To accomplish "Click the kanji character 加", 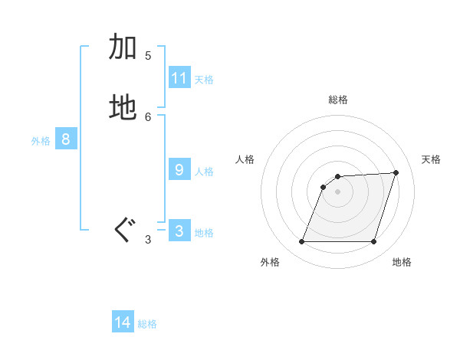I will (x=123, y=47).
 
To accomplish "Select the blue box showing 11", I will (x=179, y=78).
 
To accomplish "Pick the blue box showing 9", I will (x=179, y=170).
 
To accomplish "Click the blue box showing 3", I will (x=179, y=231).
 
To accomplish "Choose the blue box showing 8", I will (x=66, y=139).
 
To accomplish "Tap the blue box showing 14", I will (x=123, y=322).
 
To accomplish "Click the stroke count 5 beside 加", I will (x=148, y=55).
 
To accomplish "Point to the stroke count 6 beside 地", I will (x=148, y=116).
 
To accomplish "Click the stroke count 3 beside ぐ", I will (x=148, y=240).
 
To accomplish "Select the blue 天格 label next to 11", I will (x=204, y=80).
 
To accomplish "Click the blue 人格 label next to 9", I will (x=204, y=172).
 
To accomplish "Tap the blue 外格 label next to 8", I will (x=41, y=141).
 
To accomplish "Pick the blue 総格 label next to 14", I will (x=147, y=324).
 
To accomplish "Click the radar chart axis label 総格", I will (x=338, y=100).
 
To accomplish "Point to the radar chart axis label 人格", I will (x=245, y=159).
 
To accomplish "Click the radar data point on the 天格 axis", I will (x=396, y=172).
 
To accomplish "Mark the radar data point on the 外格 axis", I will (x=302, y=242).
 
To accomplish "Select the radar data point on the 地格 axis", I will (x=373, y=242).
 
